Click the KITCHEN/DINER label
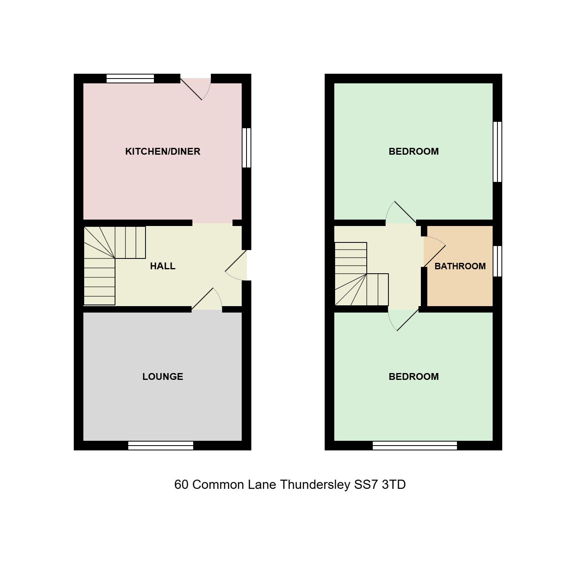point(162,151)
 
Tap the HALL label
point(162,266)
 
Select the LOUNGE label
point(162,377)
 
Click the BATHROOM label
point(460,266)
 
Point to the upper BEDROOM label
point(413,151)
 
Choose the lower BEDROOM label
point(413,377)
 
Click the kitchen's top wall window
point(130,79)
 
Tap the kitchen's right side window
point(247,147)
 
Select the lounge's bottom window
point(161,445)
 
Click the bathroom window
point(497,261)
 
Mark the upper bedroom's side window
point(497,152)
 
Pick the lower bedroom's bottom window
point(414,445)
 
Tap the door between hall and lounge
point(206,300)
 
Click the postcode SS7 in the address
point(366,484)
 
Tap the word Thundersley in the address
point(315,484)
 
